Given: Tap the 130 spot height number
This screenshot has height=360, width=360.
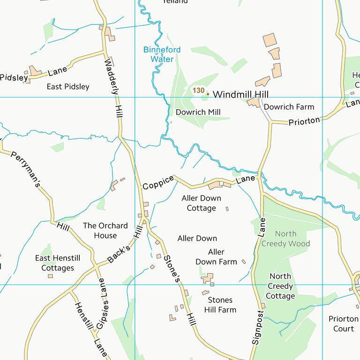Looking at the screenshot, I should [x=198, y=90].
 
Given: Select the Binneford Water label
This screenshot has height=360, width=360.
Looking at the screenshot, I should [x=162, y=54].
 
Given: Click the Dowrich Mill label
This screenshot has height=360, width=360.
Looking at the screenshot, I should [x=198, y=112].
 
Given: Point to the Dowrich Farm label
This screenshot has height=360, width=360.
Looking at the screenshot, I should [x=289, y=107].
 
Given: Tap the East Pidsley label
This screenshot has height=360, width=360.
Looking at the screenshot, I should [x=68, y=87].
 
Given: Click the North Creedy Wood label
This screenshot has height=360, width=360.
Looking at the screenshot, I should [x=285, y=239].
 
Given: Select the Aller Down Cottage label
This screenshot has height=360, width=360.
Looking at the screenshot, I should [x=201, y=203].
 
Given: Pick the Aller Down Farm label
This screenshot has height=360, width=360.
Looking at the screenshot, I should [x=216, y=257].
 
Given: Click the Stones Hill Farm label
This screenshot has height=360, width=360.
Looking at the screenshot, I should [x=220, y=305].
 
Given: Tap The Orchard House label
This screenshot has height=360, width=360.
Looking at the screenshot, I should [x=105, y=231].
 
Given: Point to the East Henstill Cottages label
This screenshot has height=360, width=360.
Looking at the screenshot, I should [x=58, y=263].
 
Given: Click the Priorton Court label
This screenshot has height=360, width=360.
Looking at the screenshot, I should [x=343, y=323].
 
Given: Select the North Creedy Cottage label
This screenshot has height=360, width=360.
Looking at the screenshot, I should [x=280, y=286].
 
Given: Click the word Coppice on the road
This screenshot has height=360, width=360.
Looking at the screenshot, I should [x=158, y=183].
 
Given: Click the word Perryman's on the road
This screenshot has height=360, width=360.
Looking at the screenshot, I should [x=26, y=169].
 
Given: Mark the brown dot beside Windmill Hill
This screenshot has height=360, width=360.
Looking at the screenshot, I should [x=208, y=94].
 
